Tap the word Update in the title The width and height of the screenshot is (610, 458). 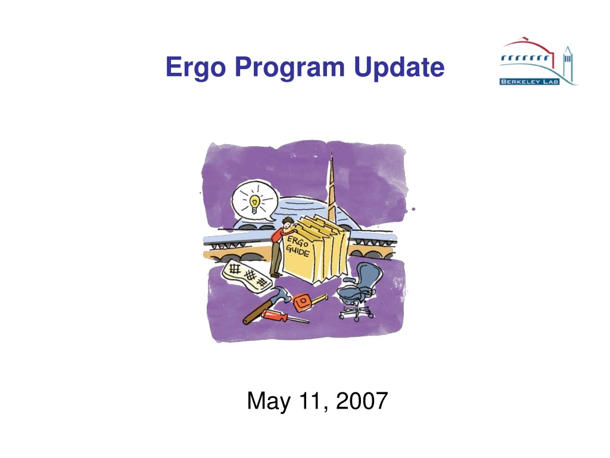coord(399,67)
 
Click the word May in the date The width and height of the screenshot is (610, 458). coord(269,401)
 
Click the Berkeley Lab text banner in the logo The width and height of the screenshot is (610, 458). coord(530,81)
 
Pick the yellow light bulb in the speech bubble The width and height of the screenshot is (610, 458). coord(254,204)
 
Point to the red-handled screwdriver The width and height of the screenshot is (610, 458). coord(284,316)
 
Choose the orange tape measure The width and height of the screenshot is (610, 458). coord(307,302)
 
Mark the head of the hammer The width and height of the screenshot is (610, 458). coord(280,293)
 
